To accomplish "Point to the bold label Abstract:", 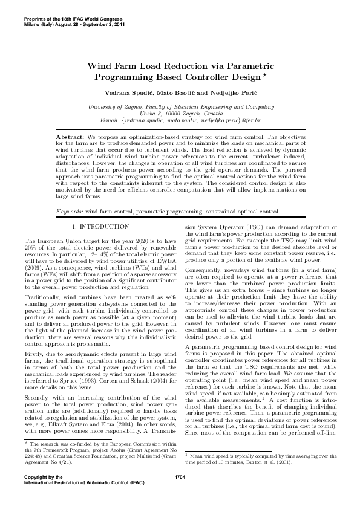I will pos(70,138).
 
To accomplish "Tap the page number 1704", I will pos(180,494).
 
